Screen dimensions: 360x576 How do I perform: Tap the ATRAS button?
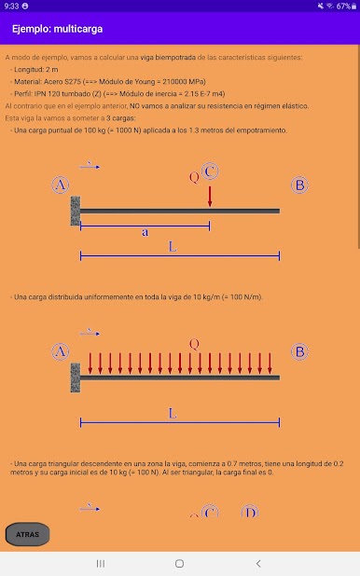tap(27, 534)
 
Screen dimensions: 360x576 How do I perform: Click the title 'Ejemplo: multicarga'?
tap(57, 29)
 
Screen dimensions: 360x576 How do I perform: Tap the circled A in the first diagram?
tap(61, 185)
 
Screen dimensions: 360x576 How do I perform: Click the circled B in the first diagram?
tap(299, 185)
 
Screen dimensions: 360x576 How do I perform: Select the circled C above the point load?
tap(210, 171)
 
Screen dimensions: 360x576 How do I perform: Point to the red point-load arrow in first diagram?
tap(210, 197)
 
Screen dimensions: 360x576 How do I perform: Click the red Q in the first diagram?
tap(194, 177)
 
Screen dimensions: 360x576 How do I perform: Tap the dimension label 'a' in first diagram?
tap(145, 232)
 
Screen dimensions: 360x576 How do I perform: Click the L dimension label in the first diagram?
tap(173, 246)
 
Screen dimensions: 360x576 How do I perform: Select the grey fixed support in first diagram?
tap(76, 211)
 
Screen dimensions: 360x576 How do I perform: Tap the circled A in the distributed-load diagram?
tap(61, 351)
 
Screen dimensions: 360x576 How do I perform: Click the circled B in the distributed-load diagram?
tap(299, 351)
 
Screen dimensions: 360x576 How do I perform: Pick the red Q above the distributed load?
tap(194, 344)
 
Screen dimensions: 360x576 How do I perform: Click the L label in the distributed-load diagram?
tap(173, 413)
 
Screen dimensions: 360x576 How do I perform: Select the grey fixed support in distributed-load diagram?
tap(76, 377)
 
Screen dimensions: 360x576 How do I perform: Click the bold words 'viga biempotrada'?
tap(168, 57)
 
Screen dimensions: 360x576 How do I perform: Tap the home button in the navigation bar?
tap(179, 564)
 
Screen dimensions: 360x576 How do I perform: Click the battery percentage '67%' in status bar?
tap(343, 6)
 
